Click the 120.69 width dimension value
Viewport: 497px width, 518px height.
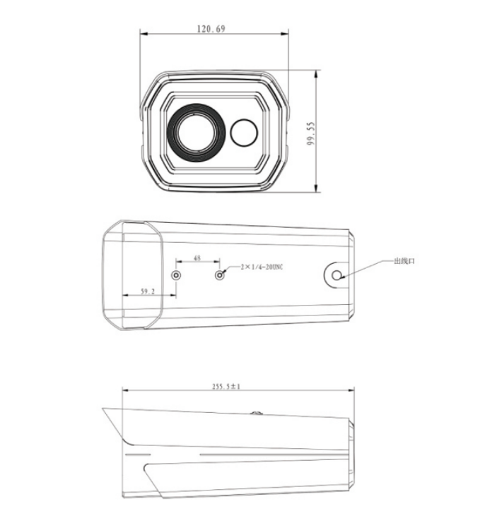click(211, 29)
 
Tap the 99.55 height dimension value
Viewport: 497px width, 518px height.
click(311, 134)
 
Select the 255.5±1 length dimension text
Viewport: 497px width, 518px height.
click(226, 386)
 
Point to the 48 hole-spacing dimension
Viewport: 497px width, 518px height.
click(197, 258)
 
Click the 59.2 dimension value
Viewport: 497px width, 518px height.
click(148, 291)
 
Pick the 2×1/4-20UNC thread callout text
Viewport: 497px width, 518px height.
click(262, 267)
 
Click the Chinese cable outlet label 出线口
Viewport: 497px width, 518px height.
click(404, 261)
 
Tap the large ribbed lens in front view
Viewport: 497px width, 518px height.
click(197, 133)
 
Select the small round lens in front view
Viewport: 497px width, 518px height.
click(244, 133)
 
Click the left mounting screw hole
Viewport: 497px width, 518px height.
click(176, 275)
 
